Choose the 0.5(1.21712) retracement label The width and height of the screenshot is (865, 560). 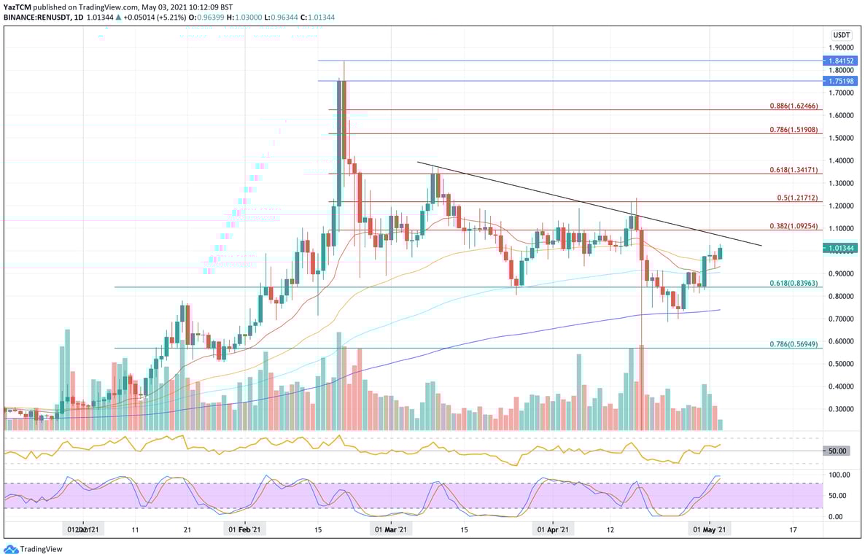pos(798,198)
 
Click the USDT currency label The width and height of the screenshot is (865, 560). pos(842,34)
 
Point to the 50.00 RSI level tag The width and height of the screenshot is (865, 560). pos(837,451)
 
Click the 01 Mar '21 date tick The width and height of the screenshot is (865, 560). pos(391,530)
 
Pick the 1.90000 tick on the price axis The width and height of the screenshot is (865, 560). pos(841,47)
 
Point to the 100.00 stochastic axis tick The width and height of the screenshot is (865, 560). pos(838,475)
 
